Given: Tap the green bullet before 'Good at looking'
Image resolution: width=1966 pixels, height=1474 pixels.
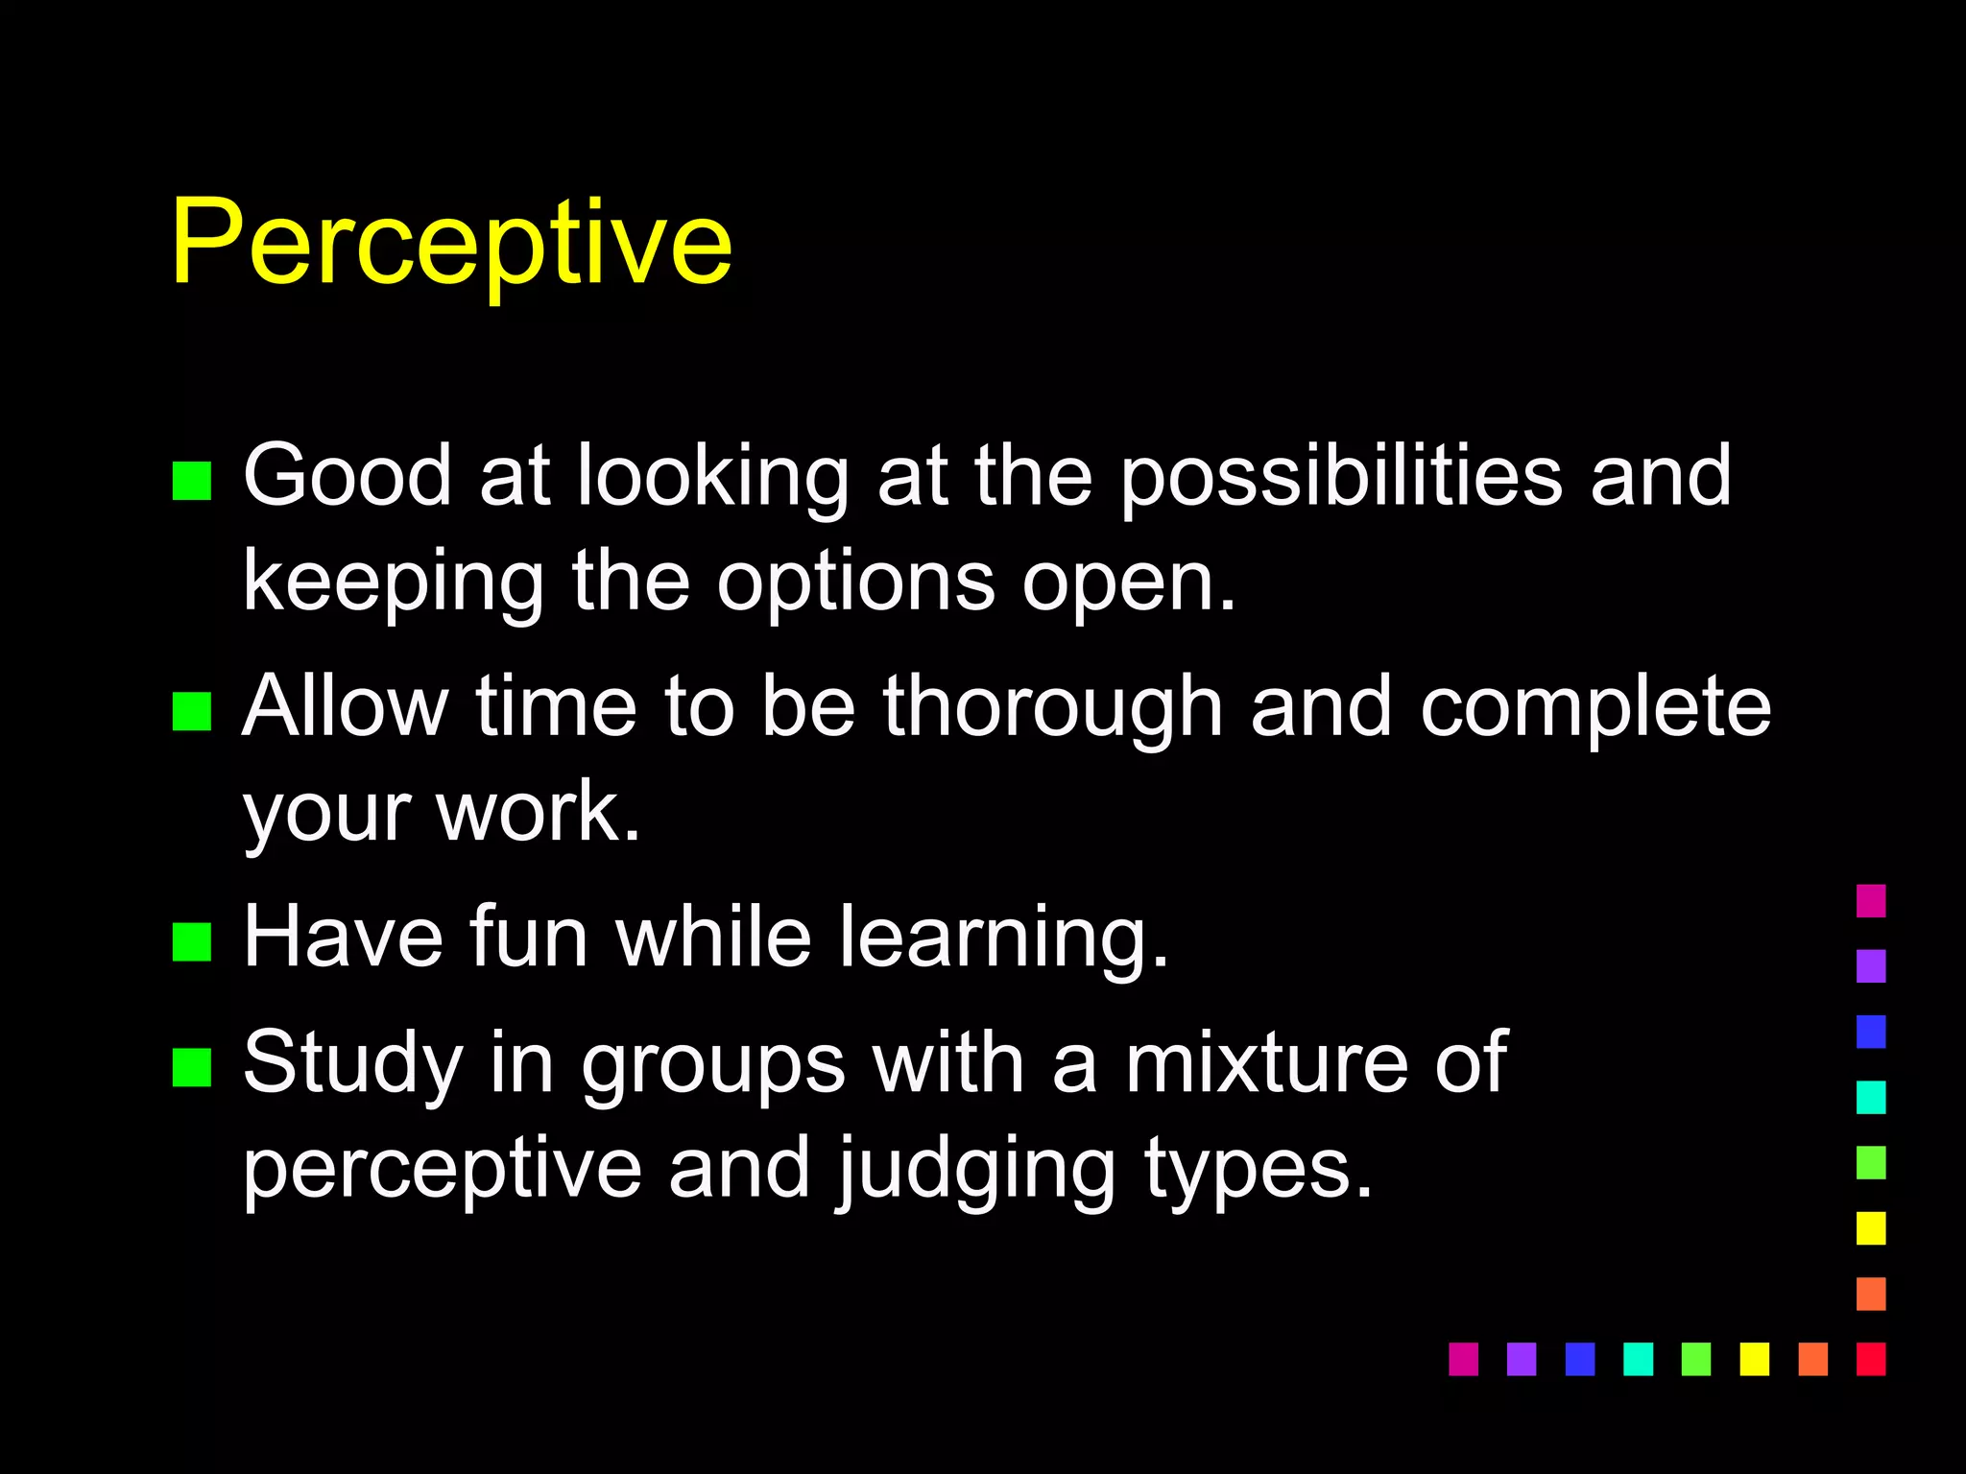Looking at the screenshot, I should [191, 481].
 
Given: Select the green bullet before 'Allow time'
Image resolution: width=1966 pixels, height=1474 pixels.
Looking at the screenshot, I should [191, 711].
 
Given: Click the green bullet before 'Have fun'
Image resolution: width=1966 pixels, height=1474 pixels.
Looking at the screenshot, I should [191, 941].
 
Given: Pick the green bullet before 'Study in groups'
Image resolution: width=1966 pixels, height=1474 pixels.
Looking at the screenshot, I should [191, 1067].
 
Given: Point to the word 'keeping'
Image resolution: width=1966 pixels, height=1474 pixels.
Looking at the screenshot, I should [393, 583].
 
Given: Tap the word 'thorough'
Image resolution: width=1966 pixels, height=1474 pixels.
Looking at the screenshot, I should [1052, 708].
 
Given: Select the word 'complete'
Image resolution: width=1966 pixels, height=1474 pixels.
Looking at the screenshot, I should [1594, 708].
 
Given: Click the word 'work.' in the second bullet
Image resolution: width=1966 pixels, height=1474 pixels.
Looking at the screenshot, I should [538, 812].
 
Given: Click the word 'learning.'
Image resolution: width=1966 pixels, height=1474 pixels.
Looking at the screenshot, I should [1003, 939].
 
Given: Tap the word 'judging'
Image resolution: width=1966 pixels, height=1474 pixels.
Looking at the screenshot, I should [975, 1170].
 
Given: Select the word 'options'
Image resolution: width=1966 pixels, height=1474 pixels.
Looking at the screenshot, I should [855, 583].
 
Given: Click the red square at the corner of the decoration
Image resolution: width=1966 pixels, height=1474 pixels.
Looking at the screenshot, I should [1871, 1359].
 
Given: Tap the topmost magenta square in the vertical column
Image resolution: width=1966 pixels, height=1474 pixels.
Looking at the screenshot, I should [1871, 900].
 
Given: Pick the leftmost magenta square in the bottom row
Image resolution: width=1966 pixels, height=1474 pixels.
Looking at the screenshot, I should [1463, 1359].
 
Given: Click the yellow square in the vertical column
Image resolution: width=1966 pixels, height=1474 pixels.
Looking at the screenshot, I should [1871, 1228].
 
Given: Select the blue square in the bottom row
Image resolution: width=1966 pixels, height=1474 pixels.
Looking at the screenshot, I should [1579, 1359].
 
